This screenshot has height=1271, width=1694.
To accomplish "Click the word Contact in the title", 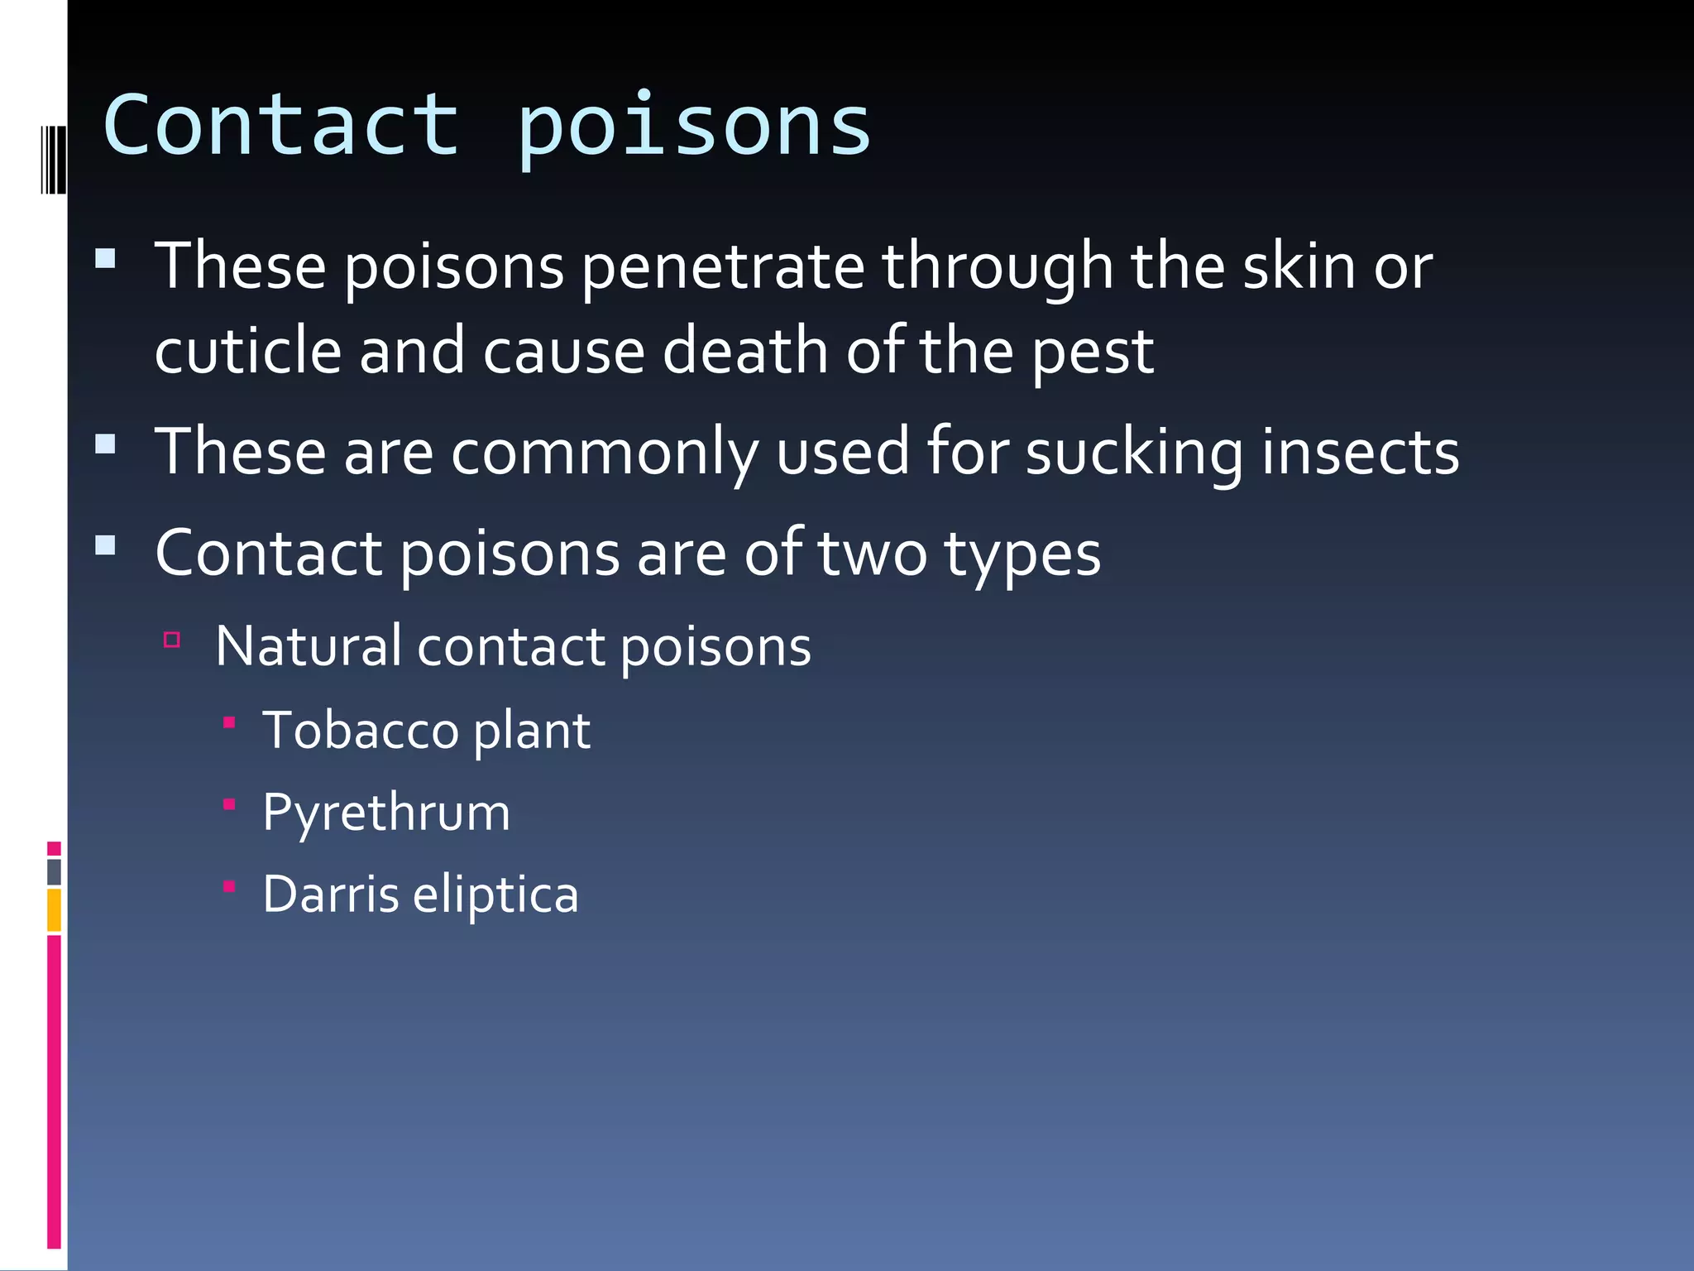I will click(281, 126).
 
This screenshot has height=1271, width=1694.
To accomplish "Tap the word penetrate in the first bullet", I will click(723, 266).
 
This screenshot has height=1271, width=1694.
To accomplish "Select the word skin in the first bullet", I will click(1299, 266).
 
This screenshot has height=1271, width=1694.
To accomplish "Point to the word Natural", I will click(308, 646).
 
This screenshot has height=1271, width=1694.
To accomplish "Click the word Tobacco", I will click(361, 730).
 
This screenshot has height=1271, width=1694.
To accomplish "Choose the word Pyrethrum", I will click(386, 813).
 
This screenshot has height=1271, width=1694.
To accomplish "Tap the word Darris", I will click(331, 894).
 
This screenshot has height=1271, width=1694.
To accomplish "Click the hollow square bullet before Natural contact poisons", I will click(172, 640).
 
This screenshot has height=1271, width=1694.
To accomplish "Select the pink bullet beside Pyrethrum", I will click(230, 803).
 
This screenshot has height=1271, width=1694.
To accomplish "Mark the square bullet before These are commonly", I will click(105, 445).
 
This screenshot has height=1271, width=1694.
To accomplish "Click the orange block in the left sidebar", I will click(54, 909).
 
